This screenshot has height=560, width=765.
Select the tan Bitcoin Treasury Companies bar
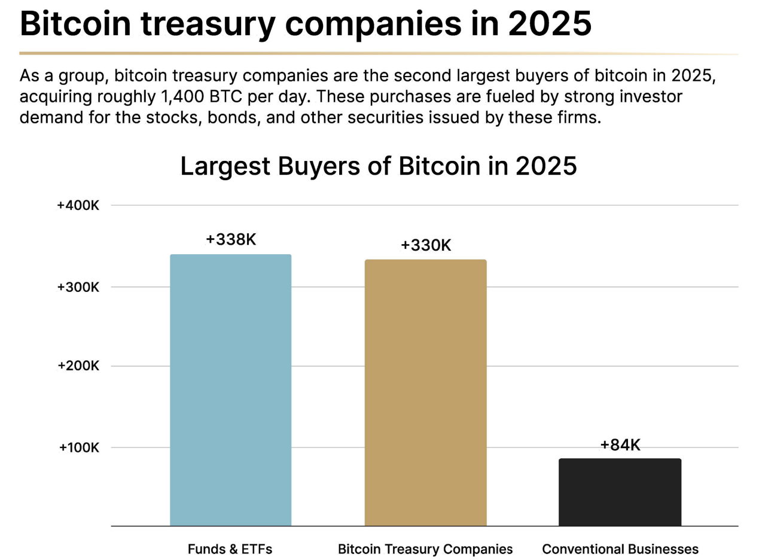425,392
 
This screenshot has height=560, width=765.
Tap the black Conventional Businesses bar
620,492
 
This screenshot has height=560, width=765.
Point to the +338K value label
231,240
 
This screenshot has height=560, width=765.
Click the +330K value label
426,245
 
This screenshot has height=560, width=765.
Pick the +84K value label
620,445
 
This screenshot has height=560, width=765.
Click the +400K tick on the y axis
78,205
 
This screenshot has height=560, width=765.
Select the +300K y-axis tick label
78,287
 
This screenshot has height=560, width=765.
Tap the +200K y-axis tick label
78,366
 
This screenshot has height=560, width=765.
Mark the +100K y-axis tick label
79,448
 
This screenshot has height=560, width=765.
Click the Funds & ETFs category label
230,549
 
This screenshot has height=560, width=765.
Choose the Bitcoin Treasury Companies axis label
425,549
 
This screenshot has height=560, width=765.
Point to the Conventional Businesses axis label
620,549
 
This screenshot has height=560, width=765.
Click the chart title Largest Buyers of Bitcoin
378,166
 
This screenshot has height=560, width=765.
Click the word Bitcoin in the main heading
75,24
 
